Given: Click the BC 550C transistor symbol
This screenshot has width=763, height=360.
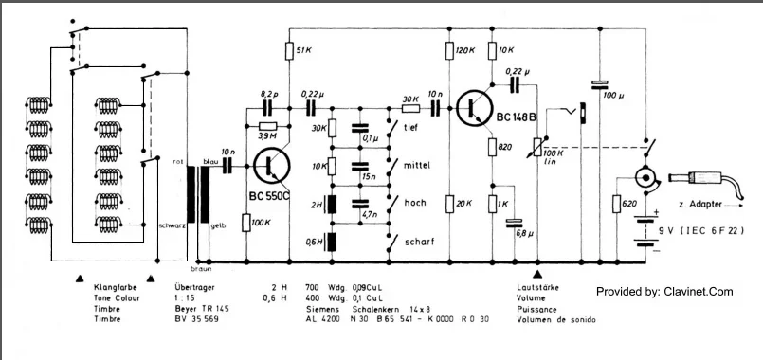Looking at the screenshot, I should point(272,167).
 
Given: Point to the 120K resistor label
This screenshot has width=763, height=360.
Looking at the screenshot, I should point(464,49).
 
